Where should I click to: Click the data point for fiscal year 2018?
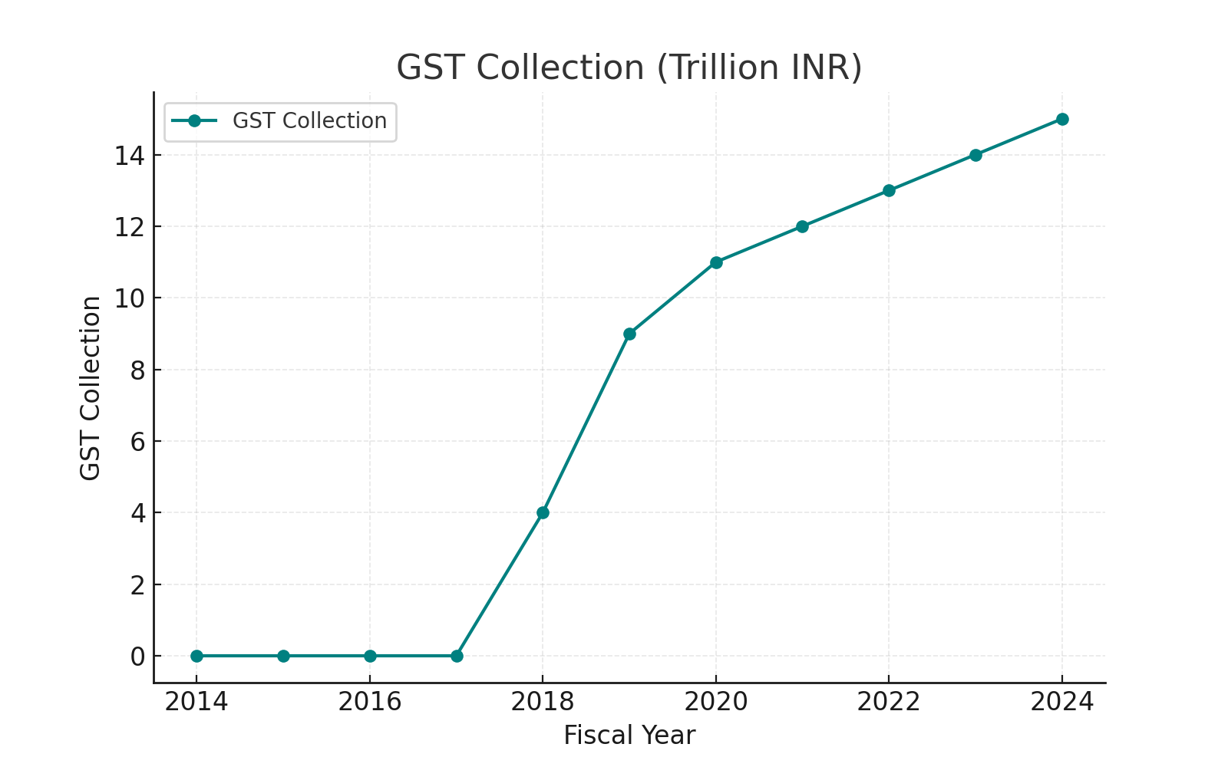click(543, 512)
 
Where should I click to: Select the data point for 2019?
click(629, 334)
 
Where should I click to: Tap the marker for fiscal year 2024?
click(1062, 119)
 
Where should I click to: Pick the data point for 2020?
click(716, 262)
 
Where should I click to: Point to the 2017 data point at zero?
click(457, 656)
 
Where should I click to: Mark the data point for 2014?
click(196, 656)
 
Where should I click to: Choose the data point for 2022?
click(889, 190)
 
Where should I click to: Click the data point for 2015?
click(283, 656)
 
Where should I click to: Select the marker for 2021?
click(802, 226)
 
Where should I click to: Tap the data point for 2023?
click(975, 155)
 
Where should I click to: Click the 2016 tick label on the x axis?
click(370, 701)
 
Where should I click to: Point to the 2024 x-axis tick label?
click(1062, 701)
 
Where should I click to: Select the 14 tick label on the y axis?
click(129, 156)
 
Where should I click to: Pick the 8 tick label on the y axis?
click(137, 370)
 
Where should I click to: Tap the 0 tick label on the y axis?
click(137, 657)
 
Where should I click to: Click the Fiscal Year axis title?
click(629, 736)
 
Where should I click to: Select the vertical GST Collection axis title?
click(91, 388)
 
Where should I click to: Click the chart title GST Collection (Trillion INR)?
click(629, 67)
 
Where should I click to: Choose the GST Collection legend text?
click(309, 121)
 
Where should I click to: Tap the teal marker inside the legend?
click(194, 121)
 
